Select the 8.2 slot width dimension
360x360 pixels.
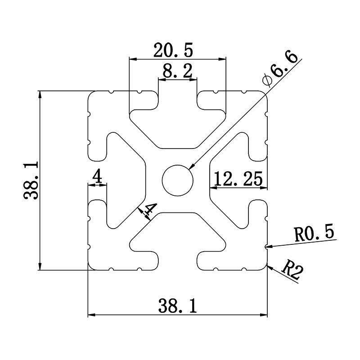point(177,71)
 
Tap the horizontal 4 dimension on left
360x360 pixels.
point(97,177)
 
